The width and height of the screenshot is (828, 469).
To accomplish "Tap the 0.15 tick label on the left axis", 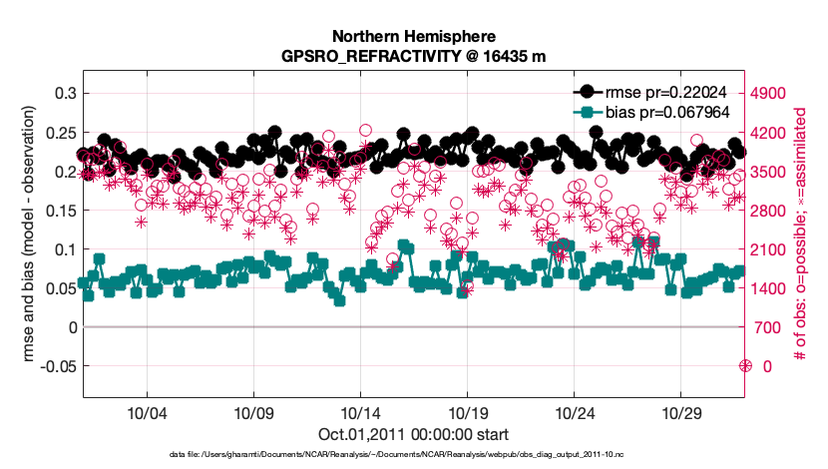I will coord(61,210).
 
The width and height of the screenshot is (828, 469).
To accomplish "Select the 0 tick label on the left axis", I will coord(71,327).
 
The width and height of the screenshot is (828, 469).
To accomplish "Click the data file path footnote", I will coord(413,455).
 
